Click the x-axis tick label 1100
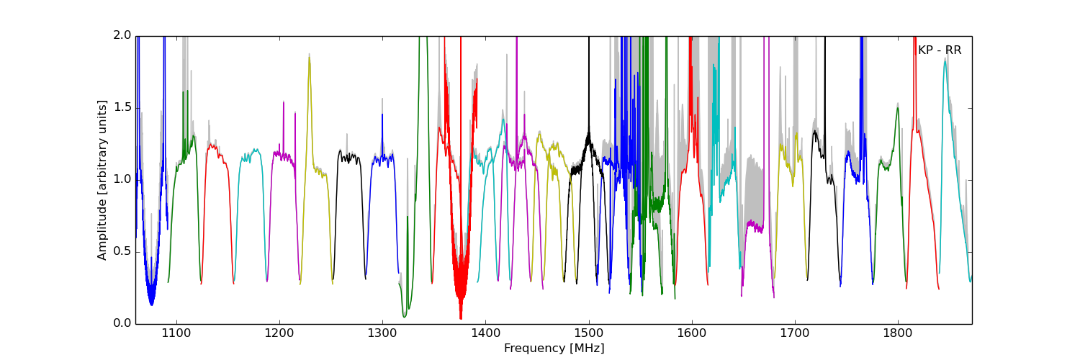176,333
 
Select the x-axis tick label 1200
279,333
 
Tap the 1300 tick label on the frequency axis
382,333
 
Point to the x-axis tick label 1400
485,333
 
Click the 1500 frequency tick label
589,333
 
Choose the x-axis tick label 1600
692,333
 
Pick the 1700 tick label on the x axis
795,333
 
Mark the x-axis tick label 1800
899,333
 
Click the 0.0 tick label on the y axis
122,323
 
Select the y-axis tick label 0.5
122,251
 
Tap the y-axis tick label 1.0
122,179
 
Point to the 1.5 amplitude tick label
122,107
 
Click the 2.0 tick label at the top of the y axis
122,35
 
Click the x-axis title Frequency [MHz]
554,348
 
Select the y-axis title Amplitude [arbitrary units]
102,180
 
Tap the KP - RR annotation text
940,50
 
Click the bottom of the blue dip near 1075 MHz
151,304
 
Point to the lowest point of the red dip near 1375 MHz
461,318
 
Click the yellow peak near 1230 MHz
310,58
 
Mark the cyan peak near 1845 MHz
945,60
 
